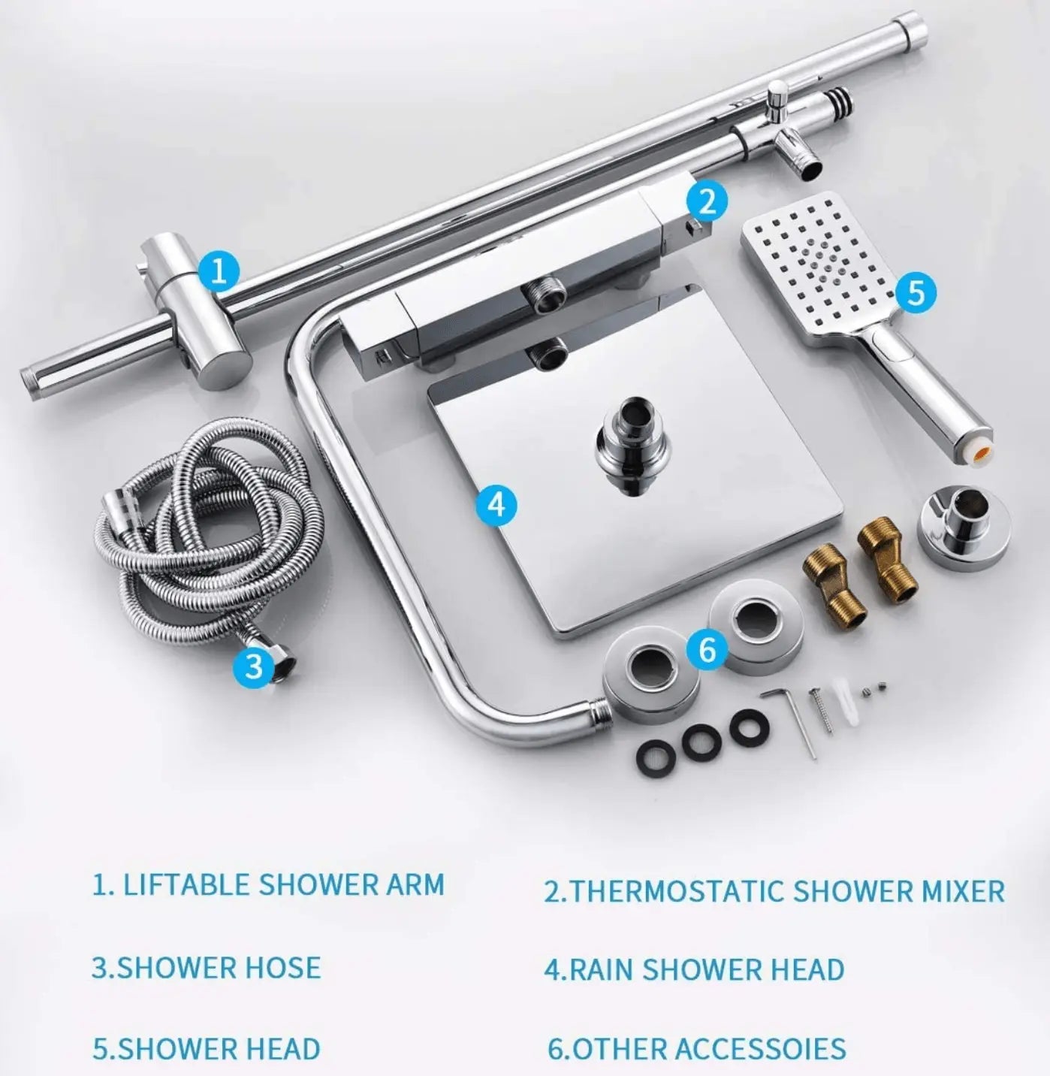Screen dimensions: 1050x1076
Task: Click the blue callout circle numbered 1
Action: (x=220, y=271)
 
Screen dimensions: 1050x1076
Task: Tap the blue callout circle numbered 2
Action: (x=708, y=202)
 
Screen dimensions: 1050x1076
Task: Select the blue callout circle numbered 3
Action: (x=254, y=666)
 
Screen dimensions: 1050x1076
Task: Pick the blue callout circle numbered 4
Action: (x=496, y=504)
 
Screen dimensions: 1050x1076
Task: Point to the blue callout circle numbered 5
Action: (x=916, y=292)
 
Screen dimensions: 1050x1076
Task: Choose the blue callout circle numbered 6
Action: (x=708, y=648)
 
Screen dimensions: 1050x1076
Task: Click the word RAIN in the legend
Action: (x=602, y=969)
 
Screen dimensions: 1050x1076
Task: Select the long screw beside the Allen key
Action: (x=822, y=712)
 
